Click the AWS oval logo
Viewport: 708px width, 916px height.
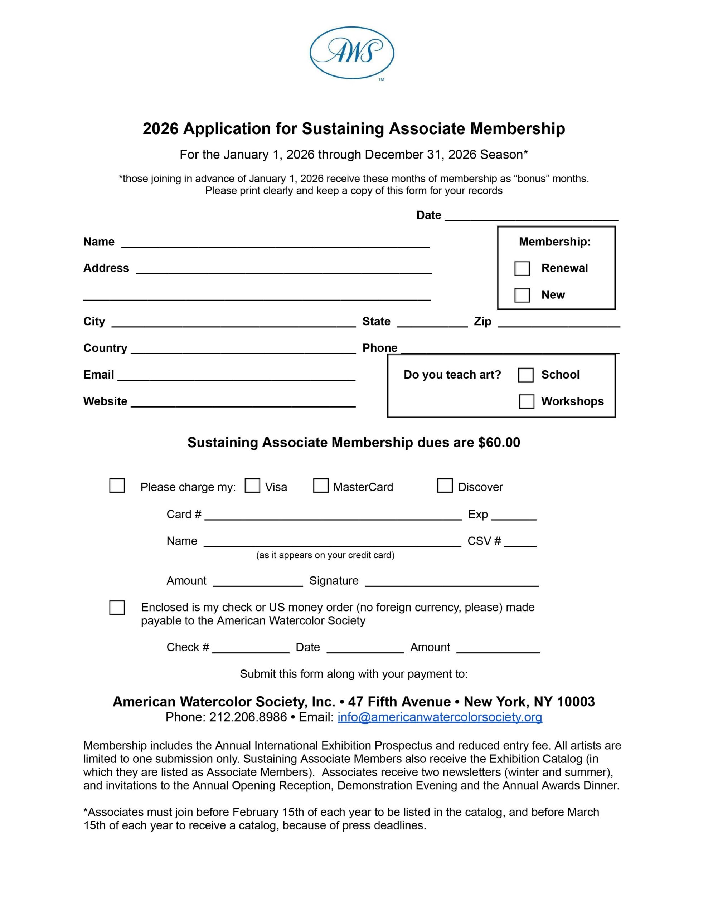(352, 53)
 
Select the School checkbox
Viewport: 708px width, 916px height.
(525, 375)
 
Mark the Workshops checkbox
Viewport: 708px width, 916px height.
(526, 401)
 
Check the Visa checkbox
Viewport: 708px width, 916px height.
(252, 486)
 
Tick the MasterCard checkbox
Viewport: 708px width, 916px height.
(321, 486)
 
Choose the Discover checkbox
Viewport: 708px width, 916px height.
(445, 486)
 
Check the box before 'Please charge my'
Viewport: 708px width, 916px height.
(117, 486)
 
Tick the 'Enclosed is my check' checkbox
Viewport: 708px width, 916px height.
(117, 608)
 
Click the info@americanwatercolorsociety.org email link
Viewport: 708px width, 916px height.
(440, 717)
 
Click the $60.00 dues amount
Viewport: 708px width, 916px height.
(499, 443)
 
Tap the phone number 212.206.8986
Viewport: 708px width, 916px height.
(248, 717)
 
